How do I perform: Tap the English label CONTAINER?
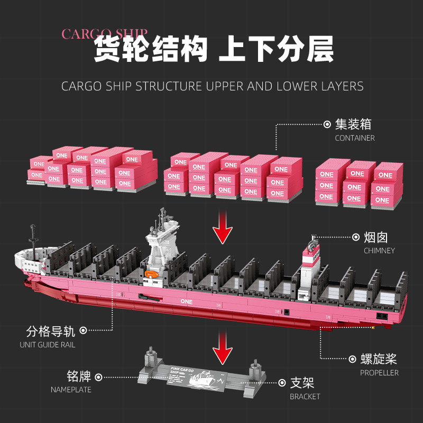pos(354,138)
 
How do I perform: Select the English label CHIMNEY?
pos(379,251)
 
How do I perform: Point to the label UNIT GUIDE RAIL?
pos(48,345)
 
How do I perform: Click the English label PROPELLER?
pos(379,373)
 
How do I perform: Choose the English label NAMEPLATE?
pos(71,390)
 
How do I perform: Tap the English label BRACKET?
pos(305,396)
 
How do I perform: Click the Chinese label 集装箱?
pos(353,124)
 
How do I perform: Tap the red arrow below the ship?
pos(223,348)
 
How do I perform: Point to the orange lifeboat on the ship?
pos(151,274)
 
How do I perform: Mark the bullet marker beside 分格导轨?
pos(84,332)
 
